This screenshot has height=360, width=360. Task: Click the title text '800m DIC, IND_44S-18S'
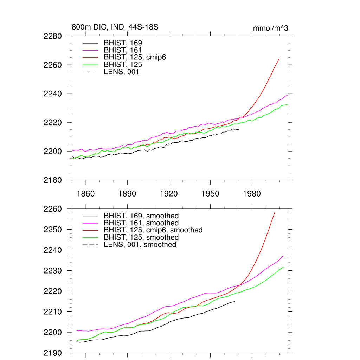coord(115,27)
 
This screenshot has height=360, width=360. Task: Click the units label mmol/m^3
coord(270,28)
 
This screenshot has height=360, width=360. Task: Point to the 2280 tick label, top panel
coord(53,36)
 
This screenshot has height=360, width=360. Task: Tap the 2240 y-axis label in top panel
coord(53,94)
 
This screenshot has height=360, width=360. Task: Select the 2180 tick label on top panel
coord(53,180)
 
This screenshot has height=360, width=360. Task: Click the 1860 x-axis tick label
coord(86,194)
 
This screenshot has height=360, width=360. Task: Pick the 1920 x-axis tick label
coord(169,194)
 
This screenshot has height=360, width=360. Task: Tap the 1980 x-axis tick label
coord(252,194)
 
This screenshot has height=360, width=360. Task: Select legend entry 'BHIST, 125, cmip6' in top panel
coord(135,57)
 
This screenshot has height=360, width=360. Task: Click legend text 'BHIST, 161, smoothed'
coord(141,223)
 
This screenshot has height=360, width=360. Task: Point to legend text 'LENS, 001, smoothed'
coord(140,245)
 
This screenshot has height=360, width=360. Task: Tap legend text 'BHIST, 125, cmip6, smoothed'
coord(153,230)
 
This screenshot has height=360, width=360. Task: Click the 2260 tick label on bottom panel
coord(53,209)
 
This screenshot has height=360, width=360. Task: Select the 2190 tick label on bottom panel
coord(53,353)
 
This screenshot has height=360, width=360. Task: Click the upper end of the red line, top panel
coord(279,59)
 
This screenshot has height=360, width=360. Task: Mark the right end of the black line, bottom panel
coord(234,301)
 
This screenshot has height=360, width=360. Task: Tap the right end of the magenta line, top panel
coord(288,96)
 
